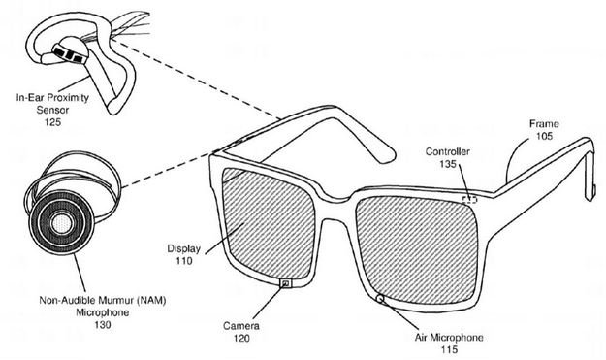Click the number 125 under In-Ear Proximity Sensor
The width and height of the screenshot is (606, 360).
(x=42, y=124)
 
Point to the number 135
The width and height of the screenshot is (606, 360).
(x=448, y=164)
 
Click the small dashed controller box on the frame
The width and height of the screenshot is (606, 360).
(x=469, y=199)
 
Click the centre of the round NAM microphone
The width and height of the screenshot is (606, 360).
(x=61, y=226)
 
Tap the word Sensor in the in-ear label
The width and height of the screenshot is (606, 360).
(x=42, y=112)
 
